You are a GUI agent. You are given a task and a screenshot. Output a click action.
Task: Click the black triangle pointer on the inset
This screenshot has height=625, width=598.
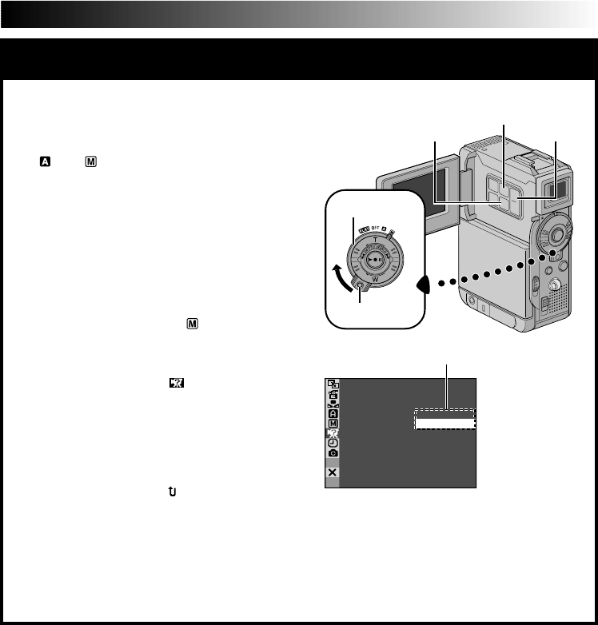point(424,285)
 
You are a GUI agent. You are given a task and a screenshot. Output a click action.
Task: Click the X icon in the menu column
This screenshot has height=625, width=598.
point(333,472)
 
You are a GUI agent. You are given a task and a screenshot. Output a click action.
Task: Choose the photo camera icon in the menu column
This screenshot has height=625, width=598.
point(333,452)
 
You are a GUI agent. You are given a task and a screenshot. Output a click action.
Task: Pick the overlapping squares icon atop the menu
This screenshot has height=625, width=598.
point(333,384)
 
